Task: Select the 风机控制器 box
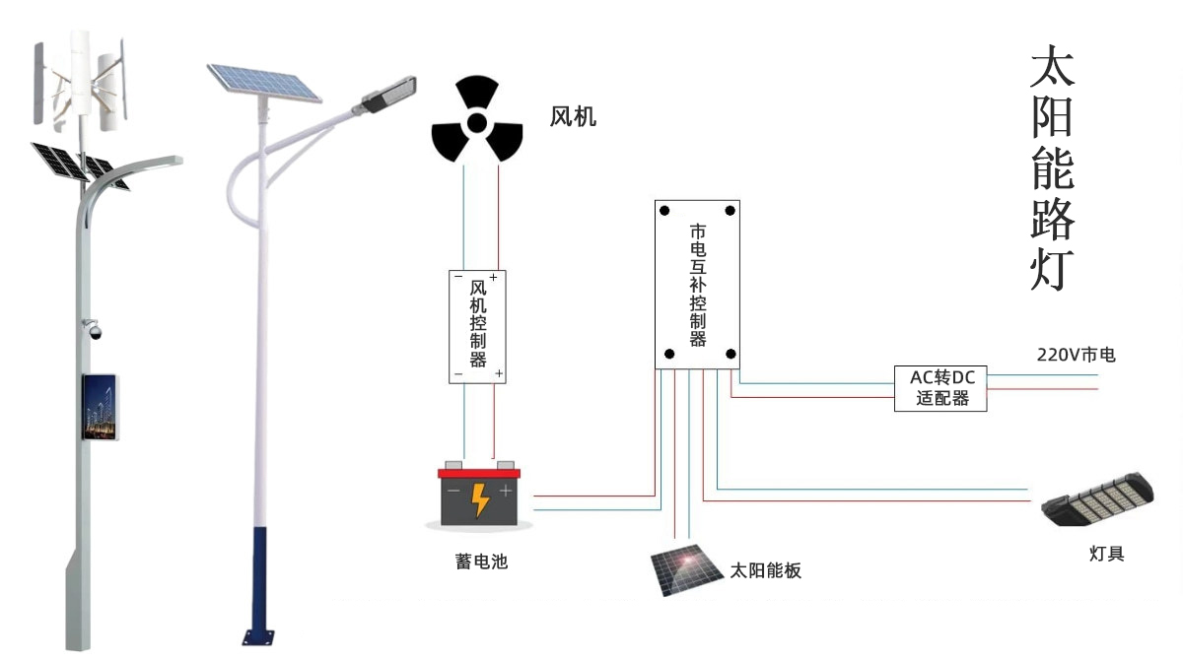(478, 326)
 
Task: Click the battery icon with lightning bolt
(478, 495)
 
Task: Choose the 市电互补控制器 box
(697, 285)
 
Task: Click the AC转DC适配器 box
(941, 388)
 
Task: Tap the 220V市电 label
(1075, 355)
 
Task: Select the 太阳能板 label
(766, 570)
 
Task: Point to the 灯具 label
(1106, 554)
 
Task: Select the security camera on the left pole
(95, 330)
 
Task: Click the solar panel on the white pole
(263, 83)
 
